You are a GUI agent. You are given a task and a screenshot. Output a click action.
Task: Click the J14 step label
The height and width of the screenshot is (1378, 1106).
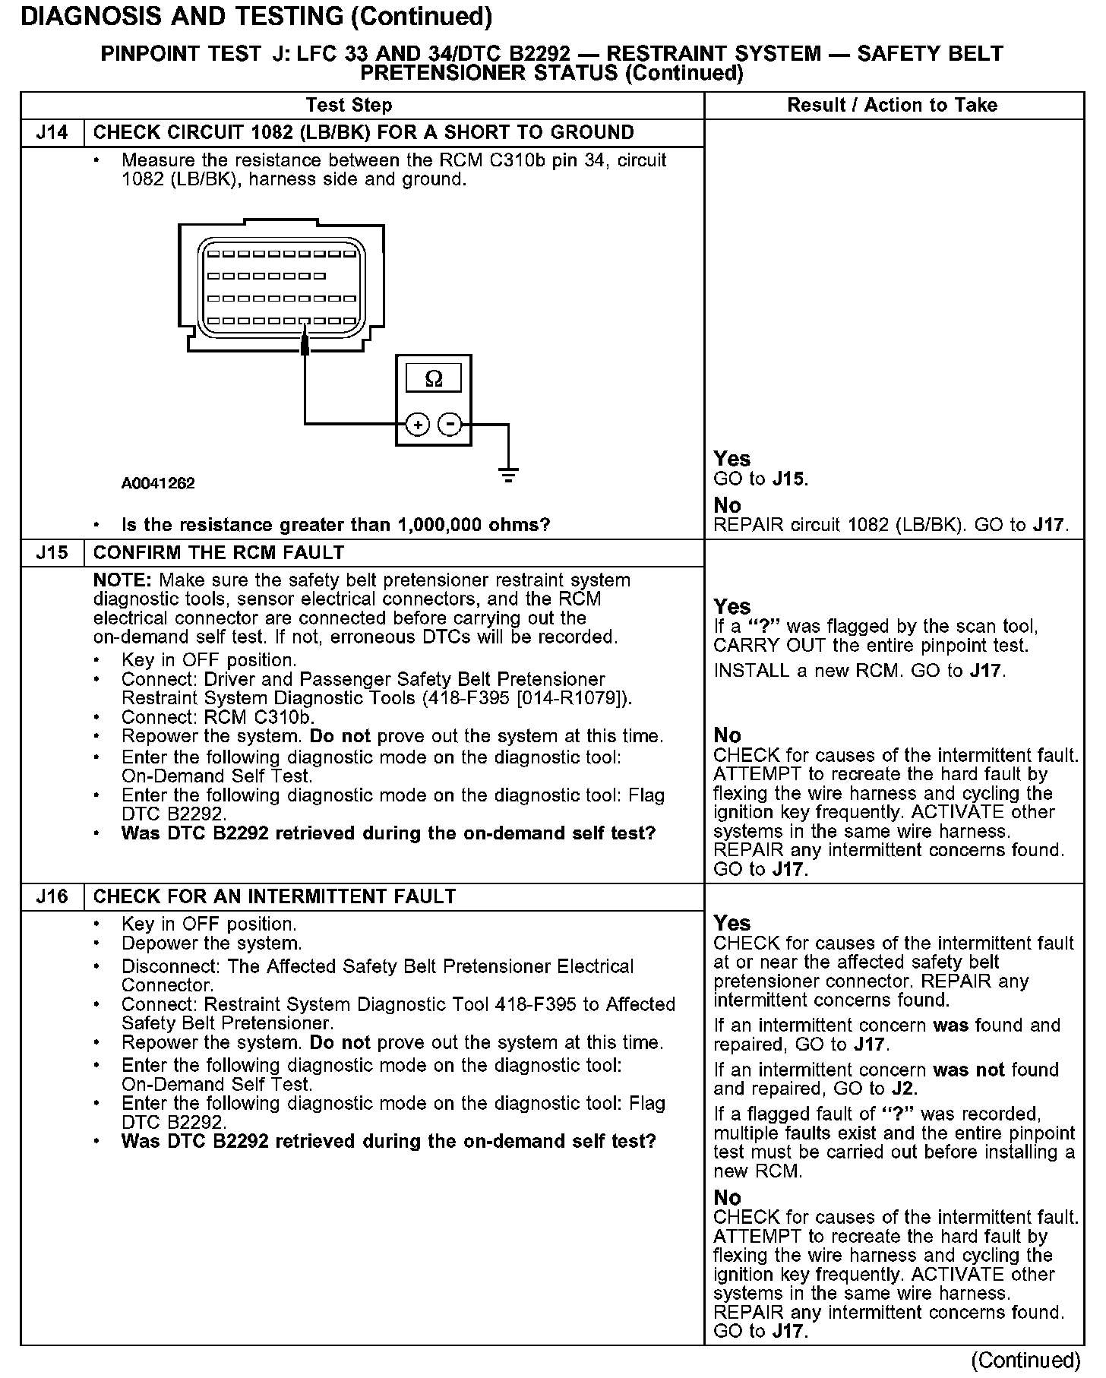[x=52, y=133]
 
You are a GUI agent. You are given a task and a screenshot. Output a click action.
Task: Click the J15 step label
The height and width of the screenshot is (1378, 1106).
[x=52, y=553]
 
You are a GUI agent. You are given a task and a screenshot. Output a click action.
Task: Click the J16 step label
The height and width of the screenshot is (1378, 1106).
[x=52, y=897]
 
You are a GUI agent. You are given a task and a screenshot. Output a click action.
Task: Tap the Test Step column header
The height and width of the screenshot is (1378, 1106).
[x=349, y=106]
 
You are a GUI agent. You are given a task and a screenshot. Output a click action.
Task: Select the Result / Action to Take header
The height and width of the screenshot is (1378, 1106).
[x=893, y=106]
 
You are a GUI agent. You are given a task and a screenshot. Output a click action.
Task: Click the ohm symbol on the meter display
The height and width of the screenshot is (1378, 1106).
[x=434, y=378]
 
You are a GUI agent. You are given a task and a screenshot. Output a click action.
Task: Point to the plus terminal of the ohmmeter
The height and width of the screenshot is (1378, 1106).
[x=417, y=424]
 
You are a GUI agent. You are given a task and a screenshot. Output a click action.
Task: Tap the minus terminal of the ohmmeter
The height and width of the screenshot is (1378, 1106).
[x=450, y=424]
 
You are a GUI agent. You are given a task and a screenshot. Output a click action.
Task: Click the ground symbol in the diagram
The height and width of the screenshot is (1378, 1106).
[x=508, y=476]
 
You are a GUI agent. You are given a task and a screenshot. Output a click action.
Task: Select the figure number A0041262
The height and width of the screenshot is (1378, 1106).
[x=158, y=484]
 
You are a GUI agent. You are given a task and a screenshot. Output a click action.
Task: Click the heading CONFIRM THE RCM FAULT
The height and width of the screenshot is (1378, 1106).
[x=219, y=553]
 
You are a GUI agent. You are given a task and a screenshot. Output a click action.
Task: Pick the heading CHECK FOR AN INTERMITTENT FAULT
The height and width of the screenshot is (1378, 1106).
[x=274, y=897]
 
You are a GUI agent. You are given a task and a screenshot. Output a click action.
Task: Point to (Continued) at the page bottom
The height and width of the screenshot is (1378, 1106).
[x=1025, y=1360]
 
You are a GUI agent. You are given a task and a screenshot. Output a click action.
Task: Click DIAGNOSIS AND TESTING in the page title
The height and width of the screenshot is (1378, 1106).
[x=182, y=17]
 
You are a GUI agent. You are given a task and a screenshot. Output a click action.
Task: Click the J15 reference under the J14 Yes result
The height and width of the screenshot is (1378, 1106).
[x=789, y=479]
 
